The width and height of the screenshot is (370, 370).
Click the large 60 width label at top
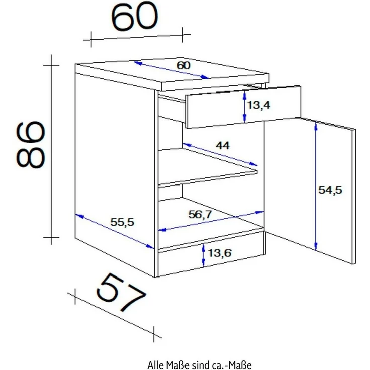pyautogui.click(x=134, y=17)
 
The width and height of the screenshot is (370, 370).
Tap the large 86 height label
pyautogui.click(x=31, y=144)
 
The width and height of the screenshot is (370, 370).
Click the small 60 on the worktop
pyautogui.click(x=183, y=65)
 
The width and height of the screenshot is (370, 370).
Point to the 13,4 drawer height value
pyautogui.click(x=258, y=105)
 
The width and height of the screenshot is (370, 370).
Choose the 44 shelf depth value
pyautogui.click(x=222, y=145)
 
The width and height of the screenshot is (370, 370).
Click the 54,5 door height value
pyautogui.click(x=330, y=190)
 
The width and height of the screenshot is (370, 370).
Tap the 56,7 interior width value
pyautogui.click(x=200, y=214)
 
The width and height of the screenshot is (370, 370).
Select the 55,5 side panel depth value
pyautogui.click(x=122, y=222)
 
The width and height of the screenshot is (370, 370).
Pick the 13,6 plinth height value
pyautogui.click(x=220, y=253)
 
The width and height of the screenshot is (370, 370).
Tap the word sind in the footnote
pyautogui.click(x=200, y=365)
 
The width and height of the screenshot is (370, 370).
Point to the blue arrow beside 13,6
pyautogui.click(x=203, y=255)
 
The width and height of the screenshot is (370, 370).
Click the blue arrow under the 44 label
pyautogui.click(x=220, y=154)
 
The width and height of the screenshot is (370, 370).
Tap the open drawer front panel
pyautogui.click(x=243, y=108)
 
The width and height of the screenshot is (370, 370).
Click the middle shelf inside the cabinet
pyautogui.click(x=208, y=167)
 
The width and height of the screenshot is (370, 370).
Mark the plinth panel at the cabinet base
pyautogui.click(x=211, y=260)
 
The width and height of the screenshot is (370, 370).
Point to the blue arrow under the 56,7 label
pyautogui.click(x=211, y=221)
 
